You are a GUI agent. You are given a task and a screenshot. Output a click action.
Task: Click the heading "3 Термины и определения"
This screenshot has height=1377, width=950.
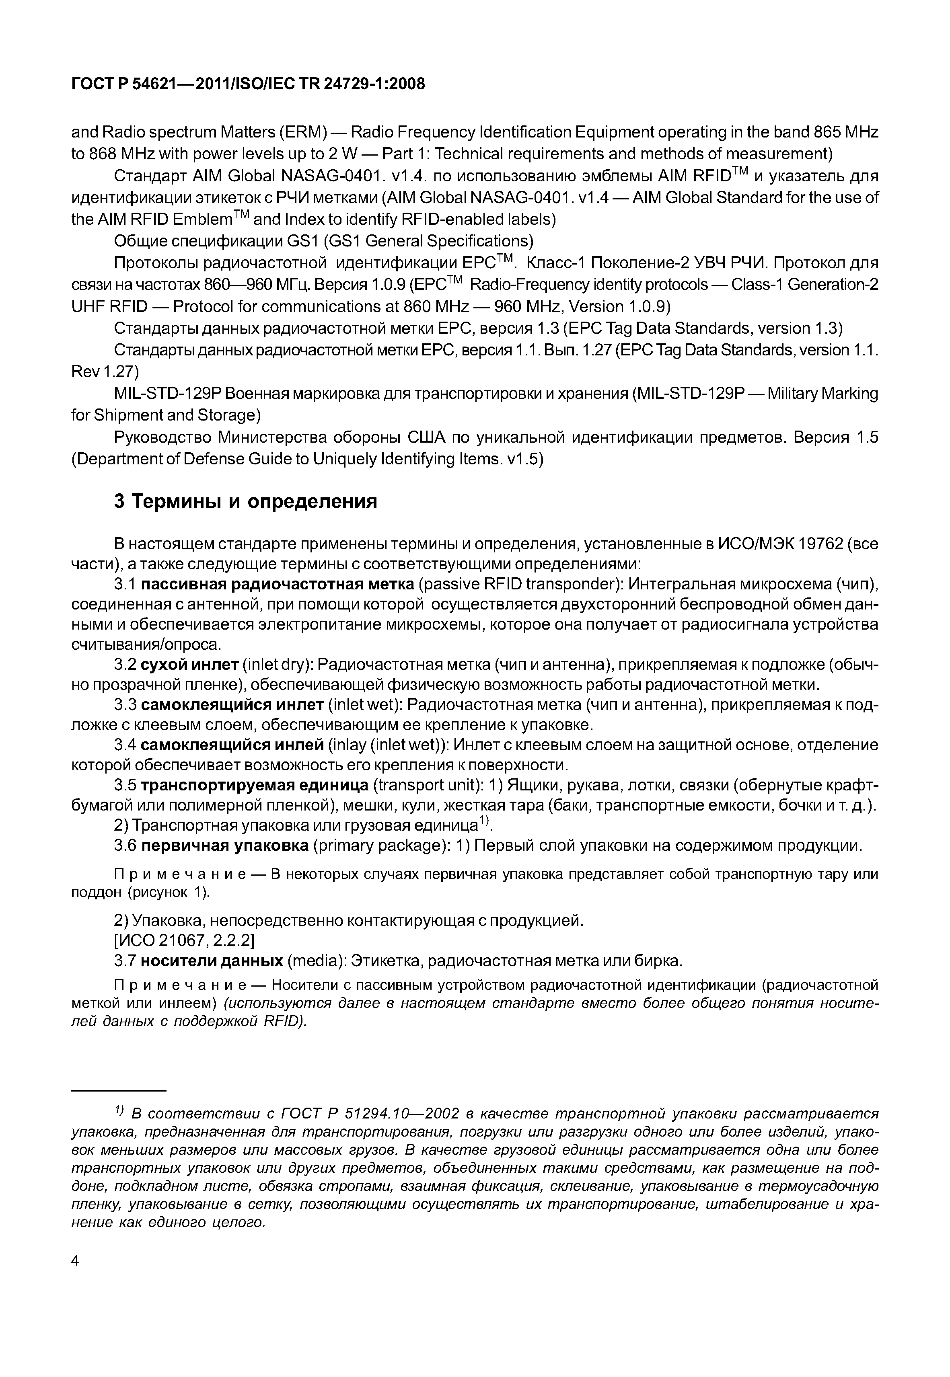pyautogui.click(x=245, y=502)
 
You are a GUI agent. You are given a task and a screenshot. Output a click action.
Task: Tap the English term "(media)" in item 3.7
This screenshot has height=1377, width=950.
pyautogui.click(x=316, y=961)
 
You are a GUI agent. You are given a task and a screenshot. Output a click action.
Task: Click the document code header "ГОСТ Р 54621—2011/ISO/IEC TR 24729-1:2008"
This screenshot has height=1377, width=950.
pyautogui.click(x=248, y=84)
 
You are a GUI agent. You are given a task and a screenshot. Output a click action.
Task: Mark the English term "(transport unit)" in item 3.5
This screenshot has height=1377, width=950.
pyautogui.click(x=428, y=786)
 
